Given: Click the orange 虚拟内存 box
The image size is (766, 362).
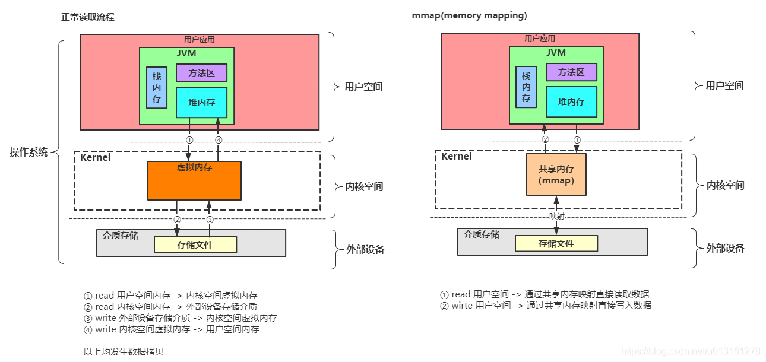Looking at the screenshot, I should click(194, 181).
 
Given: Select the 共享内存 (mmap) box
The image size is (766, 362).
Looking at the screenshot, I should click(556, 174).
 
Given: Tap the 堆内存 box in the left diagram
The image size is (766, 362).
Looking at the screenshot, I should click(201, 103).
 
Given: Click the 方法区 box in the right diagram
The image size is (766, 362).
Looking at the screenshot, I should click(571, 72).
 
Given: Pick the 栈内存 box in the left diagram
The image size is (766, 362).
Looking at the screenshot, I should click(157, 87).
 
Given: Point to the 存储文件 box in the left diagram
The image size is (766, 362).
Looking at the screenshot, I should click(195, 244).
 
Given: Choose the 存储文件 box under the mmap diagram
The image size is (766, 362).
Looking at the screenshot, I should click(556, 243).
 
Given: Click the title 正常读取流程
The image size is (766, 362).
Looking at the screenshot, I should click(88, 17).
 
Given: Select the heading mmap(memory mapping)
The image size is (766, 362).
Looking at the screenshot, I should click(469, 16).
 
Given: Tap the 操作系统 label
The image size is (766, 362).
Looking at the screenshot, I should click(29, 151).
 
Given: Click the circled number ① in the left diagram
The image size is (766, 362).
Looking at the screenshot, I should click(189, 141).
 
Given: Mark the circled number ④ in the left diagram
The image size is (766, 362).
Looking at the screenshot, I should click(218, 141).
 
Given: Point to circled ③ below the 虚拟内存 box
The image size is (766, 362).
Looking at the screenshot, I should click(209, 220).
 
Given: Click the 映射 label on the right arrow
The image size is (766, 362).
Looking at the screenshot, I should click(556, 217).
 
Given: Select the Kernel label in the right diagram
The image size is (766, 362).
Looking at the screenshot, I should click(457, 157).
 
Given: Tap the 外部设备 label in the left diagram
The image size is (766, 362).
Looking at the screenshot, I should click(365, 249).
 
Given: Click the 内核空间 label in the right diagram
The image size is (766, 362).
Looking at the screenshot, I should click(725, 185).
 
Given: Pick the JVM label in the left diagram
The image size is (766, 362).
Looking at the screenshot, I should click(186, 53).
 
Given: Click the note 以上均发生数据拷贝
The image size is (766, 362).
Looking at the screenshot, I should click(124, 351).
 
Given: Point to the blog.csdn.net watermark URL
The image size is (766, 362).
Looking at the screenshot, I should click(691, 351).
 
